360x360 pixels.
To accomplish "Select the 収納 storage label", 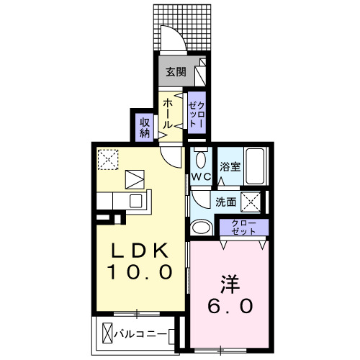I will click(x=144, y=127).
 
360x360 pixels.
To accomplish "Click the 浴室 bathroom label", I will click(x=230, y=166).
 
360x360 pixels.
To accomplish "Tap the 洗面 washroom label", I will click(x=225, y=202).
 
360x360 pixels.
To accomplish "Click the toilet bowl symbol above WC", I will click(x=201, y=159).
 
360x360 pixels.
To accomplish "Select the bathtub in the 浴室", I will click(x=255, y=164).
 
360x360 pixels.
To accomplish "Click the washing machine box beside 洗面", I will click(x=251, y=201).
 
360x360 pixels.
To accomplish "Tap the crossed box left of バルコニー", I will click(x=109, y=334).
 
